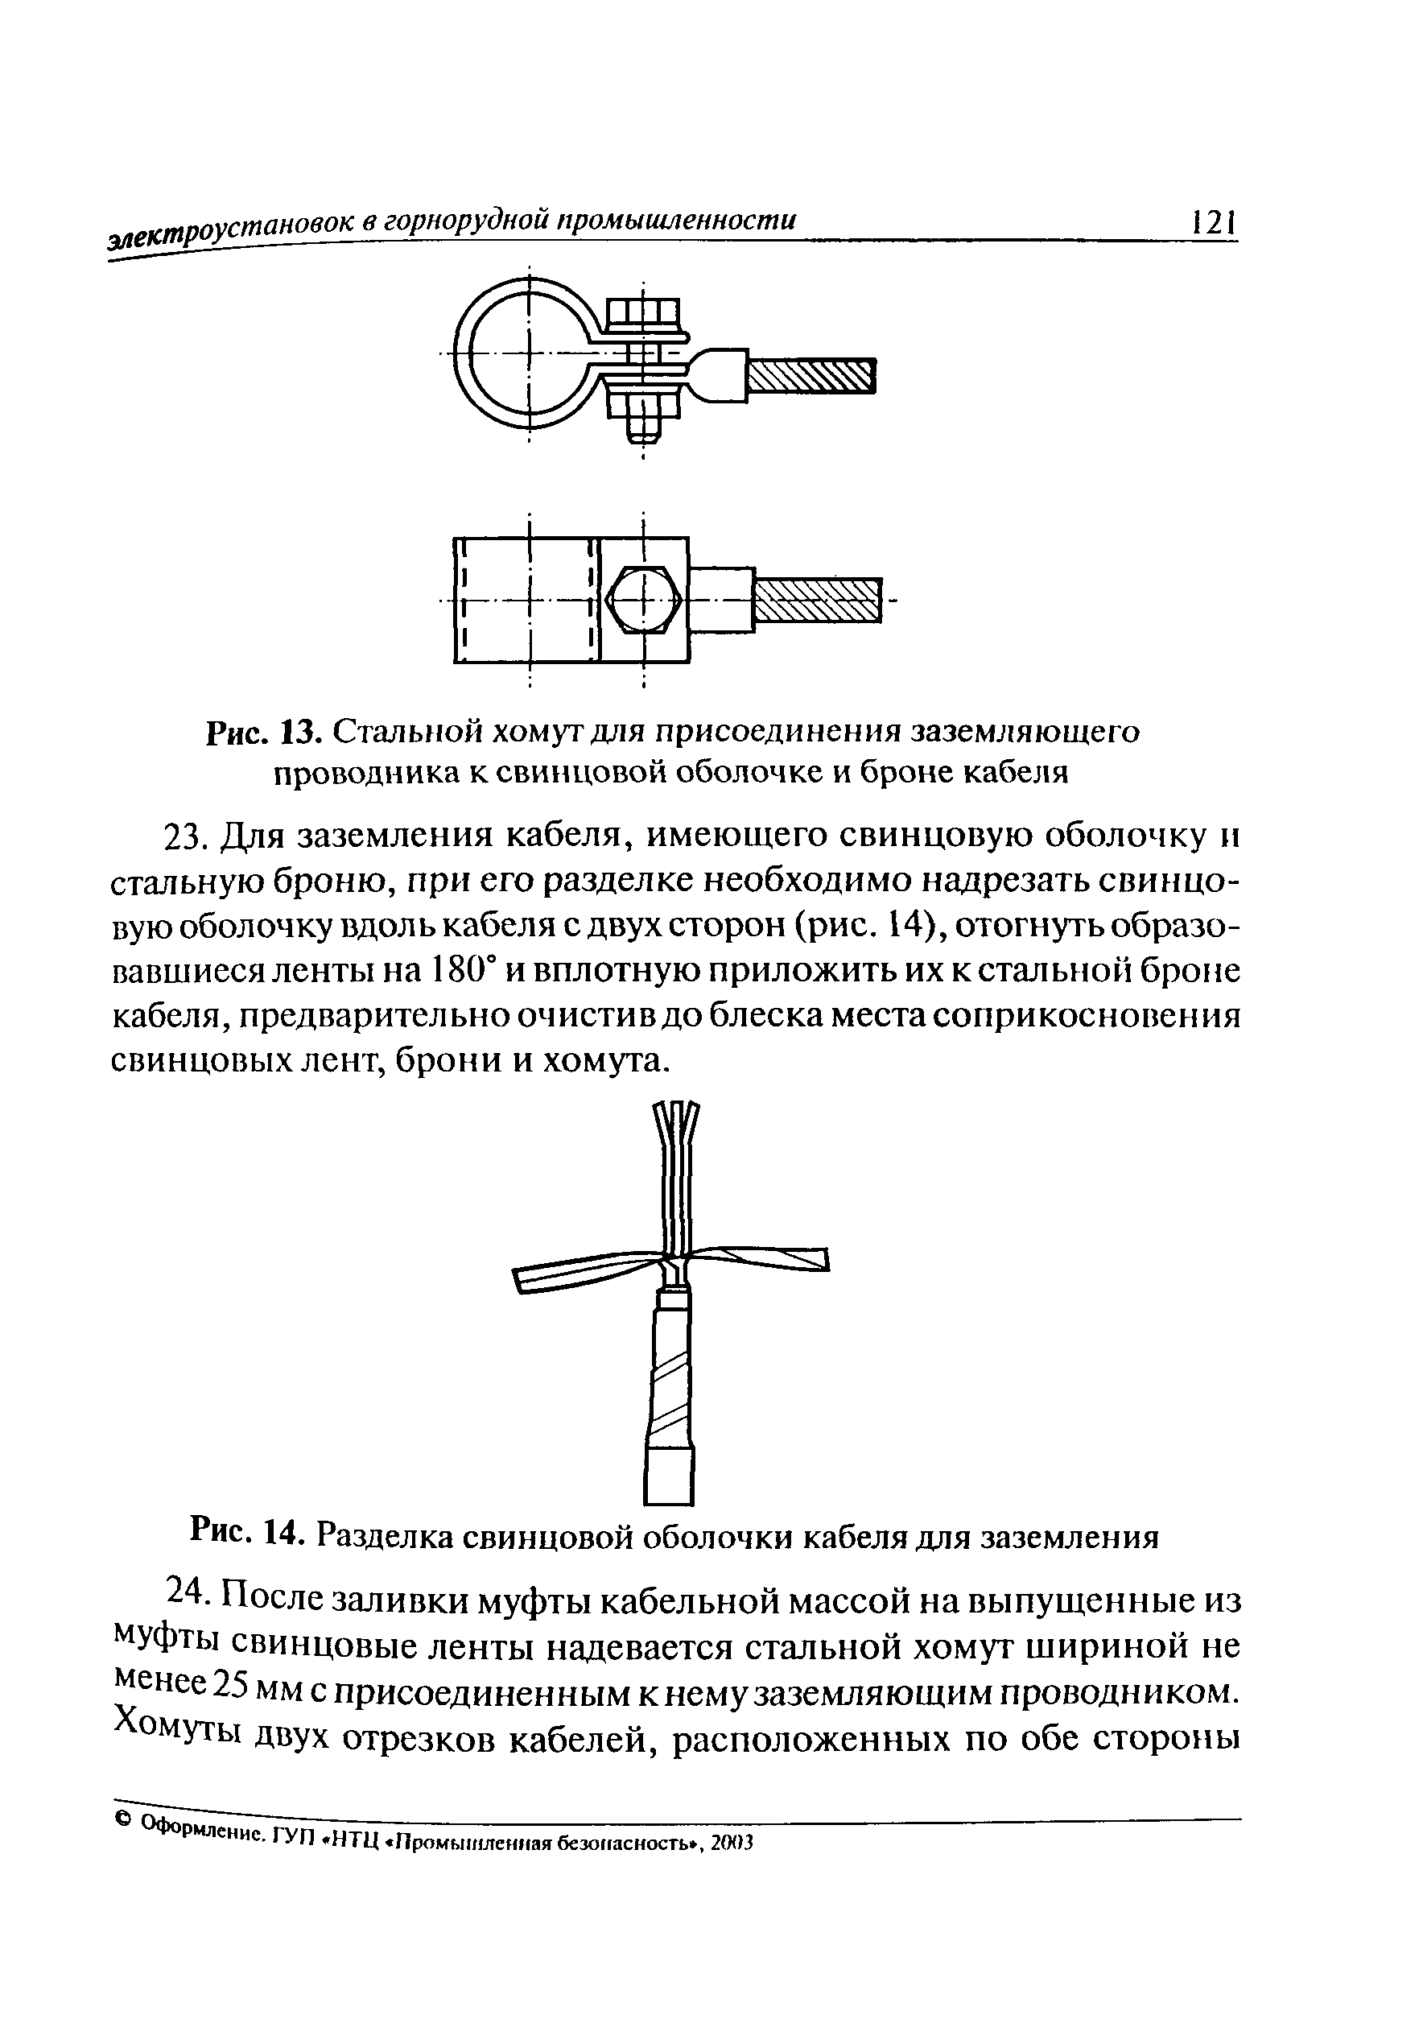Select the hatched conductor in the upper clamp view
[x=810, y=378]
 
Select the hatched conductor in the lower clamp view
[x=817, y=600]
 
